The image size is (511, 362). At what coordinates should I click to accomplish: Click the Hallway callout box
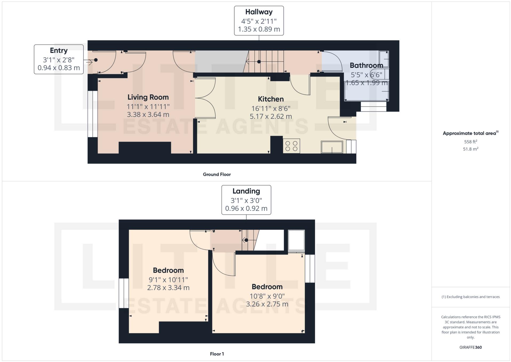click(x=259, y=21)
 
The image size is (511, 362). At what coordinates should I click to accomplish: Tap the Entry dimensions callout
click(x=59, y=59)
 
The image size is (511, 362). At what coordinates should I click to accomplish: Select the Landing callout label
click(x=246, y=200)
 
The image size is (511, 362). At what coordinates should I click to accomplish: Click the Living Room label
click(x=148, y=97)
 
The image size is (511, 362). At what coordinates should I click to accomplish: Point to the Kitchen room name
click(x=271, y=99)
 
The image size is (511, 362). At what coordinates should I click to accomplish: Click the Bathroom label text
click(x=366, y=65)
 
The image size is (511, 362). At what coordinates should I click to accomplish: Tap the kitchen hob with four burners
click(x=291, y=146)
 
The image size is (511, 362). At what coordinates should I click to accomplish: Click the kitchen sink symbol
click(x=332, y=147)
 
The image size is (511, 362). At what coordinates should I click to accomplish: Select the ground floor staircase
click(x=264, y=62)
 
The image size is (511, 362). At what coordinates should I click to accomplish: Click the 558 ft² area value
click(x=470, y=142)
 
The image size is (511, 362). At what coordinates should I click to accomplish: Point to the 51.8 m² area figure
click(x=470, y=149)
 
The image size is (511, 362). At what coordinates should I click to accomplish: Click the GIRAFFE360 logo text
click(x=470, y=347)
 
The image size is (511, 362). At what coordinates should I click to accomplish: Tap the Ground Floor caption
click(x=217, y=174)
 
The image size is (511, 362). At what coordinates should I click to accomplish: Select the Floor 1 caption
click(x=217, y=354)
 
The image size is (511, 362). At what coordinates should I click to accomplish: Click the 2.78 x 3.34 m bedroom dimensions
click(x=168, y=288)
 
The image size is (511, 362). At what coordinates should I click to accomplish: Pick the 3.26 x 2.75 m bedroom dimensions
click(x=267, y=304)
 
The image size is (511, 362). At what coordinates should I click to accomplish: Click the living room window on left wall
click(x=92, y=114)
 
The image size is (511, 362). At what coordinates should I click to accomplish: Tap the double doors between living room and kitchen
click(x=205, y=98)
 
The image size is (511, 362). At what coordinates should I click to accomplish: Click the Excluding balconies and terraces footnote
click(x=470, y=297)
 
